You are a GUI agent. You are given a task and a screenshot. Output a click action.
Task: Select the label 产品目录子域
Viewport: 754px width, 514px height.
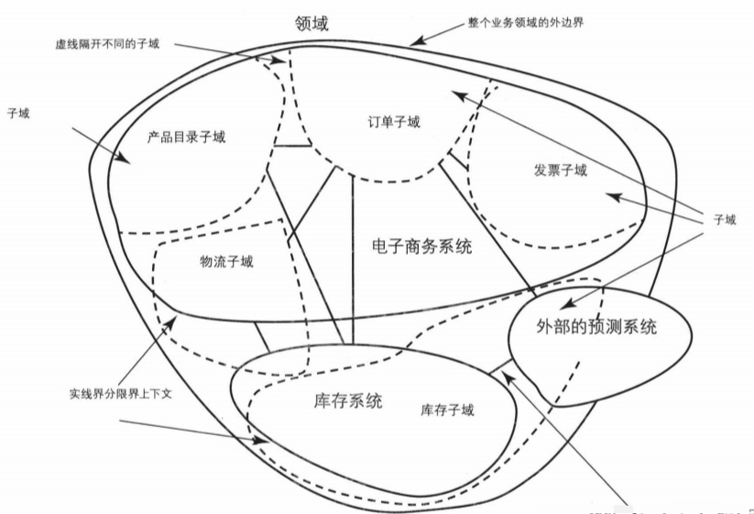click(186, 137)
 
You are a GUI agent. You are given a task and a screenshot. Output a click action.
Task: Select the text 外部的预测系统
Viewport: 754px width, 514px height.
click(596, 327)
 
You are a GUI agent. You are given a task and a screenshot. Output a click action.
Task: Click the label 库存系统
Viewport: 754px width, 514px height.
click(341, 400)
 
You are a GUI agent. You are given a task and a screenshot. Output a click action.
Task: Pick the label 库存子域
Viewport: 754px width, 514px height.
click(447, 410)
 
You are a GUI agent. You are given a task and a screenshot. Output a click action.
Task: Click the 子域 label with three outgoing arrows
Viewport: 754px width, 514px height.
click(725, 220)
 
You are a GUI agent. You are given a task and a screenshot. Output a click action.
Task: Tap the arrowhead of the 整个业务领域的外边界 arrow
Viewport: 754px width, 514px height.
click(414, 42)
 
